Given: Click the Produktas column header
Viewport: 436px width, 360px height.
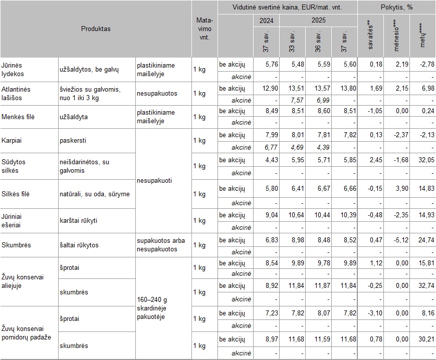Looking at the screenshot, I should (x=96, y=29).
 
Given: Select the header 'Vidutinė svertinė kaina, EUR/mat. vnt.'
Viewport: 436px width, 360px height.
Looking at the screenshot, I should (x=287, y=7).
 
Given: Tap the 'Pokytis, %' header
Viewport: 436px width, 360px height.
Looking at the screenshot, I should (x=396, y=7).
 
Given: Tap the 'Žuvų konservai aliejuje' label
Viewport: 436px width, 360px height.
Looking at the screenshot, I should (x=23, y=280).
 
